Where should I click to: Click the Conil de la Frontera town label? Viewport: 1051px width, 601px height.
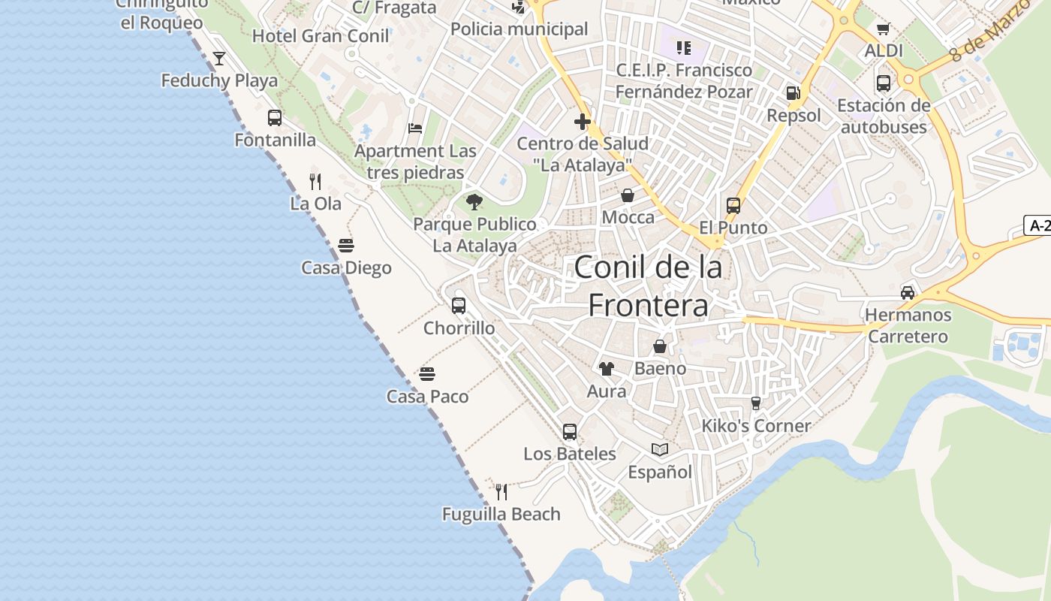click(x=648, y=286)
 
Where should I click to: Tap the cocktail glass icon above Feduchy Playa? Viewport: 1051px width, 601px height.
click(x=219, y=58)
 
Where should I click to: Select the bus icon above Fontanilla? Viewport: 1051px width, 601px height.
click(x=275, y=117)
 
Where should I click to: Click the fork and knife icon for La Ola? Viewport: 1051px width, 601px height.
click(x=315, y=181)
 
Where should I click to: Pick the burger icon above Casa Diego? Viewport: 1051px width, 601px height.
click(x=346, y=245)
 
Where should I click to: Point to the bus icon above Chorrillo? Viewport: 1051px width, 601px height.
click(x=459, y=305)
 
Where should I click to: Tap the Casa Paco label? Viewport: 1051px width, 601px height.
click(x=427, y=396)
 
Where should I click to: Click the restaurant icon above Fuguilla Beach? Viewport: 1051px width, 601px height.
click(x=501, y=491)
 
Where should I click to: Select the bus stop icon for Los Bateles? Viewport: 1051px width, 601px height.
click(x=570, y=431)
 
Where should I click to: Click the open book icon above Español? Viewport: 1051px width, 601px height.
click(x=660, y=449)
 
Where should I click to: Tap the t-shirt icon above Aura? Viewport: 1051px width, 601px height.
click(x=606, y=368)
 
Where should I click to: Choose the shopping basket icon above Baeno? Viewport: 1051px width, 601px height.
click(x=660, y=346)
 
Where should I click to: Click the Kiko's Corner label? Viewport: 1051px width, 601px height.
click(x=756, y=426)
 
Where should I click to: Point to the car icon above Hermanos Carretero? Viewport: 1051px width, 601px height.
click(x=908, y=292)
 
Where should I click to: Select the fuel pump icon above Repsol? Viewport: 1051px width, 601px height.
click(x=794, y=93)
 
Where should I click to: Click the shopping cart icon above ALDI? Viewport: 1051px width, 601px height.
click(x=884, y=29)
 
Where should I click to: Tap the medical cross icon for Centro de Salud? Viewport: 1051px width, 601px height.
click(x=583, y=121)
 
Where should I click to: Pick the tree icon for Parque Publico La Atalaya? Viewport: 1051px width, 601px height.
click(x=474, y=201)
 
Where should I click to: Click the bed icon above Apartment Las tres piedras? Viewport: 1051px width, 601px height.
click(x=415, y=128)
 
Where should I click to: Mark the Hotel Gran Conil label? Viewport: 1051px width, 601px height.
click(x=321, y=36)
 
